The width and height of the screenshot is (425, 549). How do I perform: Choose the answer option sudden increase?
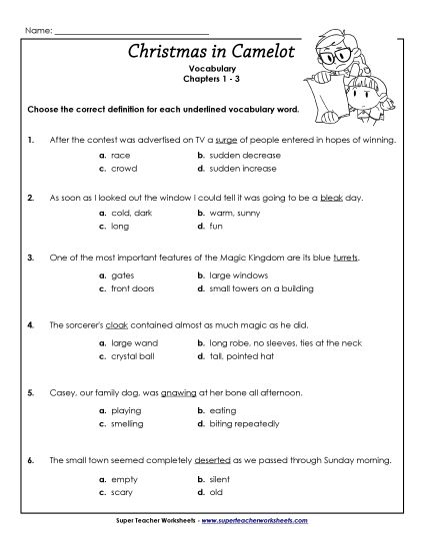pos(240,170)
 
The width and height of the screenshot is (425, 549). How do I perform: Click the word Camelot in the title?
pos(255,51)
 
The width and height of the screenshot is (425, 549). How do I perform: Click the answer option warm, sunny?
pos(235,214)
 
